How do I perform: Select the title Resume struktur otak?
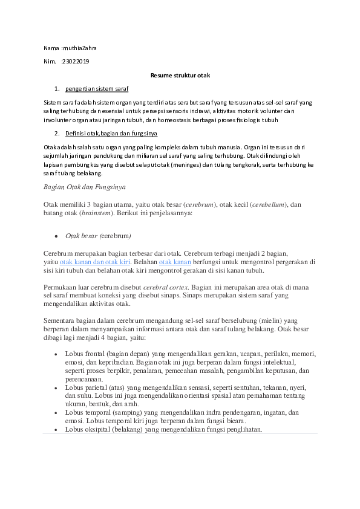pos(180,75)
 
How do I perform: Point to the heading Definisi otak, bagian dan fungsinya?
pos(111,133)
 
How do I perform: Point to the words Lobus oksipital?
pos(87,429)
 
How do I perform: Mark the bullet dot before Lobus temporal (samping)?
pos(56,413)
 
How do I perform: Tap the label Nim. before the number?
pos(49,61)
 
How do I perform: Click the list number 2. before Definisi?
pos(56,133)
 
